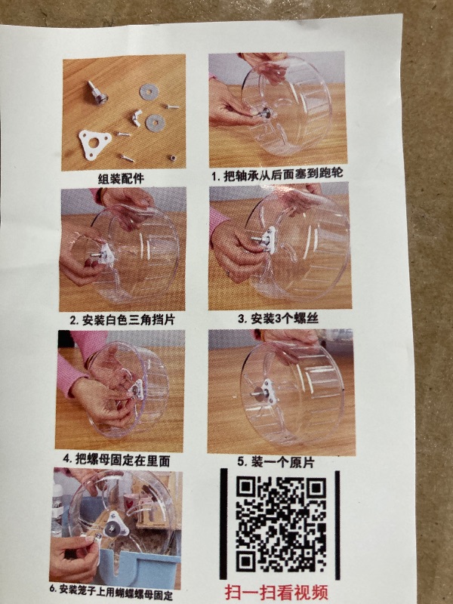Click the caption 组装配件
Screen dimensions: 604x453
coord(121,179)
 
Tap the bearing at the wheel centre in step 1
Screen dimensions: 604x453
coord(266,112)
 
